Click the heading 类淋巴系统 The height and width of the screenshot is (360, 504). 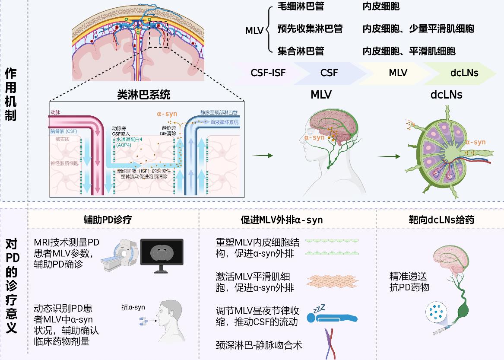tap(144, 94)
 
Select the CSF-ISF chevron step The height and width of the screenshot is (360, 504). tap(268, 73)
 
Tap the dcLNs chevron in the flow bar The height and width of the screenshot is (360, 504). tap(464, 73)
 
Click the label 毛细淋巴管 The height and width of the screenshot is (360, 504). tap(301, 6)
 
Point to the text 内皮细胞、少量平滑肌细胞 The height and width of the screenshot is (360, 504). tap(418, 29)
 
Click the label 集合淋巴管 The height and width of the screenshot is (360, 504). tap(301, 51)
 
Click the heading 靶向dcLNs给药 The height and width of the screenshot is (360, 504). tap(441, 220)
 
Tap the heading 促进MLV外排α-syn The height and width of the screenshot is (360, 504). tap(282, 220)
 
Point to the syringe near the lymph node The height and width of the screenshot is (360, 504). tap(444, 329)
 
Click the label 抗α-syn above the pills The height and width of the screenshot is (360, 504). tap(133, 308)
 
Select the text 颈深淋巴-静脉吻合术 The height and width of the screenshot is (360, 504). tap(259, 345)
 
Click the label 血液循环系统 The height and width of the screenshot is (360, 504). tap(225, 122)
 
